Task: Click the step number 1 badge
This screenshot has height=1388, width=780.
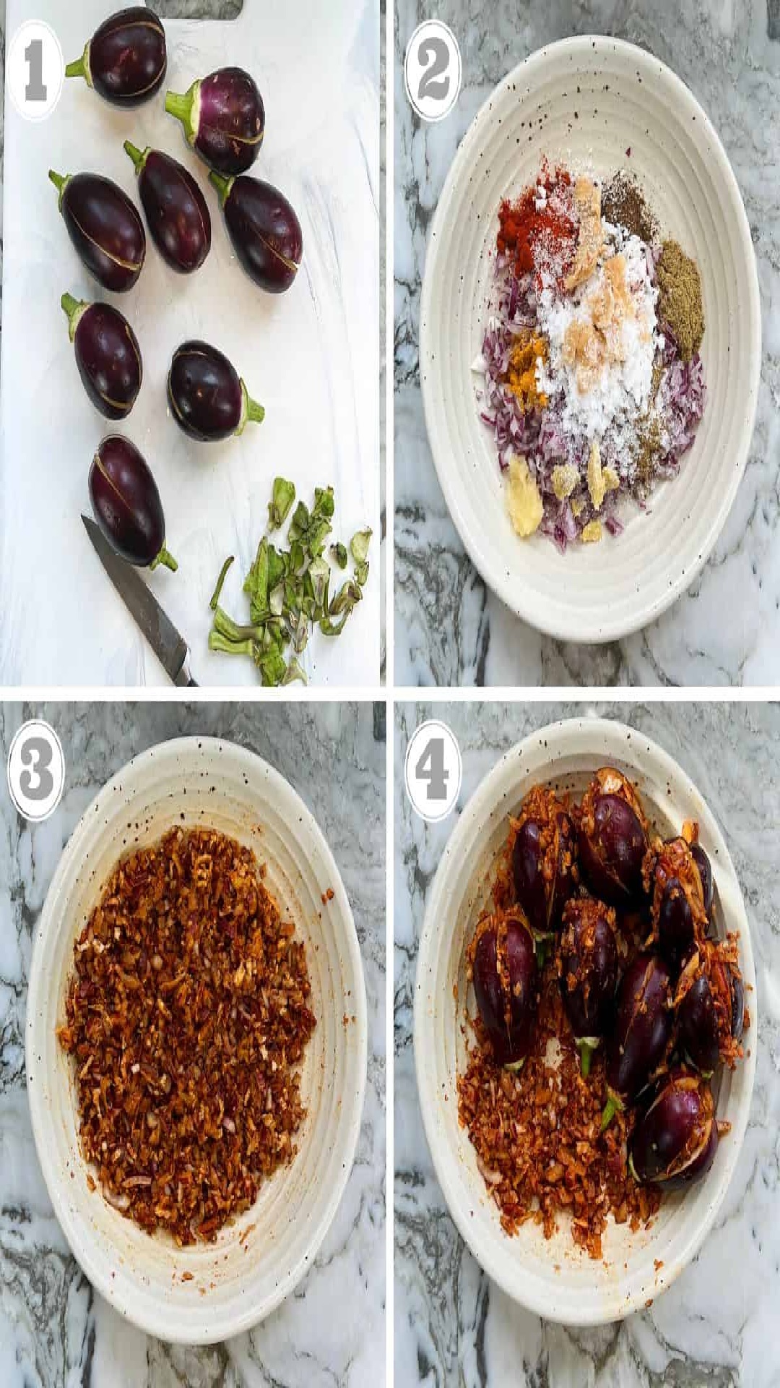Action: [36, 70]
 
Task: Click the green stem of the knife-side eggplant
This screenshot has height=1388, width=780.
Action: [163, 559]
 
